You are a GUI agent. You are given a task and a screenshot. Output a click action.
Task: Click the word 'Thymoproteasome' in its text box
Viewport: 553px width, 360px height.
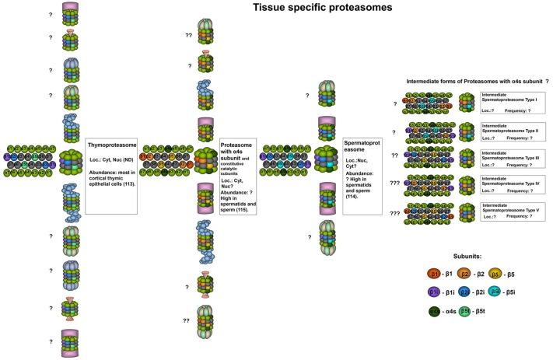tap(110, 124)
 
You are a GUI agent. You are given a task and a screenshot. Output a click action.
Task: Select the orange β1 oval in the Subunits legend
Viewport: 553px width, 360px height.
tap(434, 272)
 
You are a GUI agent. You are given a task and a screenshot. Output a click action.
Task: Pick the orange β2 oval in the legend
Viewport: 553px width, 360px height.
tap(465, 272)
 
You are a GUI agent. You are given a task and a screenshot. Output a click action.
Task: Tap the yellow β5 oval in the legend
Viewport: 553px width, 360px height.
tap(496, 272)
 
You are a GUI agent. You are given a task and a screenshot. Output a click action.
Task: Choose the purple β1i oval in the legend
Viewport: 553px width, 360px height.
tap(434, 292)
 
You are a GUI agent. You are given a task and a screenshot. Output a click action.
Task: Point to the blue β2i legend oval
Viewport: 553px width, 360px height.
tap(465, 292)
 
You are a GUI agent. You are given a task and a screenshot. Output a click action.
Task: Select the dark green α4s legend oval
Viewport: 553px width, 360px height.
tap(434, 312)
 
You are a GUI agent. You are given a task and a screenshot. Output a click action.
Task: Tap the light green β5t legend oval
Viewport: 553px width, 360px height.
tap(465, 312)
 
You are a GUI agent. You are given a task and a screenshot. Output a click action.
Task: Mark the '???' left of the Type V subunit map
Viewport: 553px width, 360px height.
tap(396, 212)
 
